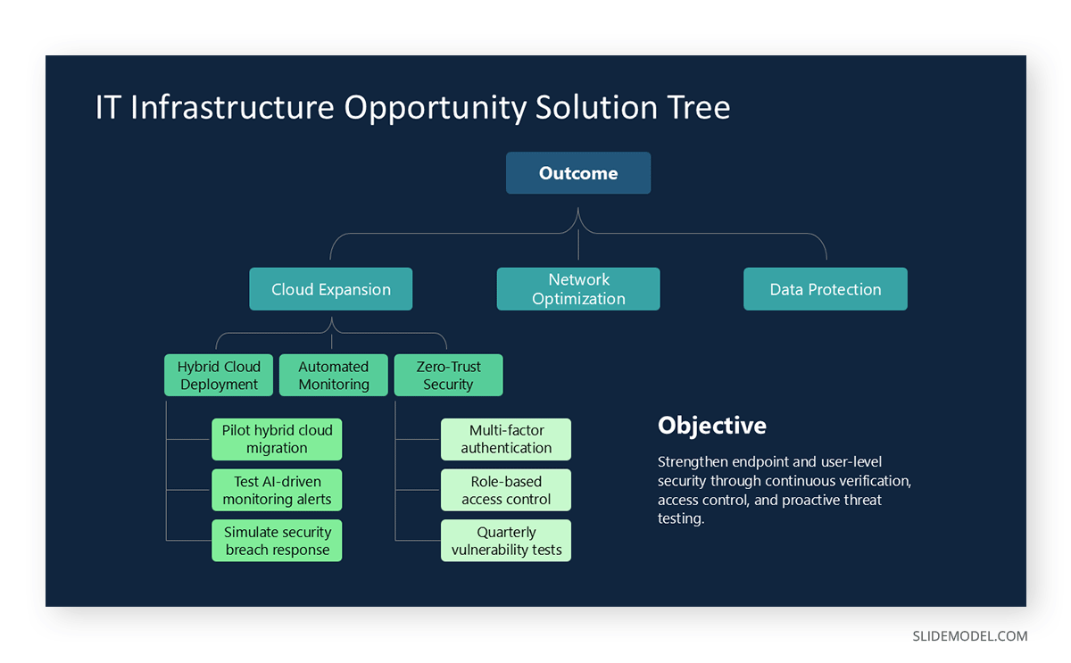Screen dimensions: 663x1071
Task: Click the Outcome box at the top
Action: pos(578,173)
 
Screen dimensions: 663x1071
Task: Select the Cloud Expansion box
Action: pos(331,289)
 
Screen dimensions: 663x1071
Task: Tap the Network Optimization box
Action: pos(578,289)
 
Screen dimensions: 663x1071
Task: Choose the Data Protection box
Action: pos(826,289)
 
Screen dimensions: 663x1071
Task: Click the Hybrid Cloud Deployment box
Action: pos(219,376)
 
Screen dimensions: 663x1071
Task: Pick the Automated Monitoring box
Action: pos(334,376)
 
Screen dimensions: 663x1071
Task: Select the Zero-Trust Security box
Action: pos(448,376)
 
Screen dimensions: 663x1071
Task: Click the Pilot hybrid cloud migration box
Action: pos(277,439)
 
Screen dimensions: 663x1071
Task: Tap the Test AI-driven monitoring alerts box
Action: pos(277,490)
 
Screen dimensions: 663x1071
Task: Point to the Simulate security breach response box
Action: pos(277,541)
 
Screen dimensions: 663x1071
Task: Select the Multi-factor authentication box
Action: pos(506,439)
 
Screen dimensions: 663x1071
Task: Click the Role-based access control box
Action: pos(506,490)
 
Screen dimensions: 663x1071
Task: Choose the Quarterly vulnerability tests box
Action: pos(506,541)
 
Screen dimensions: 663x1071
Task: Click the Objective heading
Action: pos(711,426)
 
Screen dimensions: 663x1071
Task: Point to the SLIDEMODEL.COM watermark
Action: pos(969,636)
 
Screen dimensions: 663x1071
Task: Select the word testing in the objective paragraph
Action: pos(680,518)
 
